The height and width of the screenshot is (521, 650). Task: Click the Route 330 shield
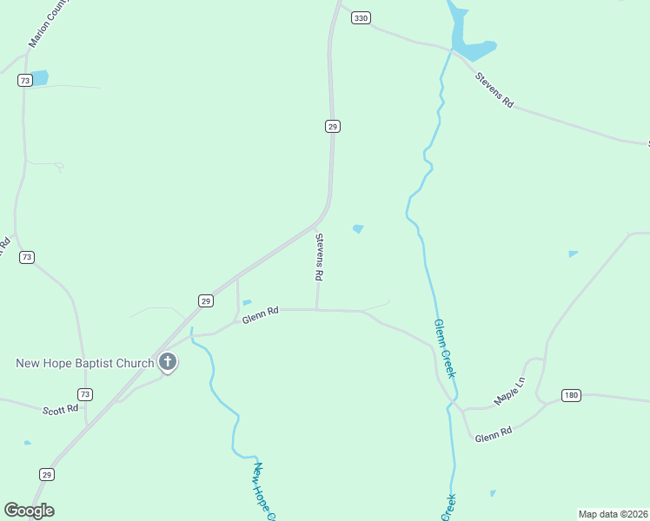coord(361,17)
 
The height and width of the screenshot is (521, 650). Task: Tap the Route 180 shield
coord(570,395)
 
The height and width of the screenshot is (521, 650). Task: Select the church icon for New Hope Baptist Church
coord(168,363)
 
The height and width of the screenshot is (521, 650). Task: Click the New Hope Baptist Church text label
coord(85,362)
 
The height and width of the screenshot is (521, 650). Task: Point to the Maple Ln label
coord(510,392)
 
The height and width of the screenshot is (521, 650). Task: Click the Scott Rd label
coord(60,408)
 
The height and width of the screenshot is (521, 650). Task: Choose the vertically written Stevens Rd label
coord(319,256)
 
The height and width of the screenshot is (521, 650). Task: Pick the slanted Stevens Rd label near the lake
coord(494,89)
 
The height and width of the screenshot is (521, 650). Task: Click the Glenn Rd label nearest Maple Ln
coord(494,433)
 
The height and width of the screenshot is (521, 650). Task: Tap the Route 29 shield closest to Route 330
coord(333,127)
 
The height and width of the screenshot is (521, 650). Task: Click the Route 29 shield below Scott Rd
coord(47,474)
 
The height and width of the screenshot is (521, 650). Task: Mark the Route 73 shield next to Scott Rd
coord(84,394)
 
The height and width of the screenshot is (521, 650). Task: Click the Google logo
coord(29,511)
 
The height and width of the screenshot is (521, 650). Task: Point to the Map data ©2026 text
coord(613,513)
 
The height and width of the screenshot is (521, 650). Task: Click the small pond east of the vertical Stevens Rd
coord(358,229)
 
